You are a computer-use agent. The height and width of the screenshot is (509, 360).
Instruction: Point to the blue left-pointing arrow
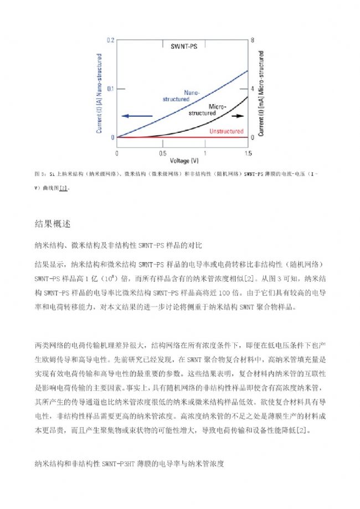tap(136, 116)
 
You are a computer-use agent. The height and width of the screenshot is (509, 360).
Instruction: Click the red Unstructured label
tap(227, 131)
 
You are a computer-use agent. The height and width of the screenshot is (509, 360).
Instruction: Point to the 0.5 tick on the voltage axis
tap(162, 152)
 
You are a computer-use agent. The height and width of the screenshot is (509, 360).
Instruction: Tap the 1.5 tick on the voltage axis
tap(247, 152)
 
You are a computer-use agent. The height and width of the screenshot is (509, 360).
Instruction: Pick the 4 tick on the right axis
tap(253, 89)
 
